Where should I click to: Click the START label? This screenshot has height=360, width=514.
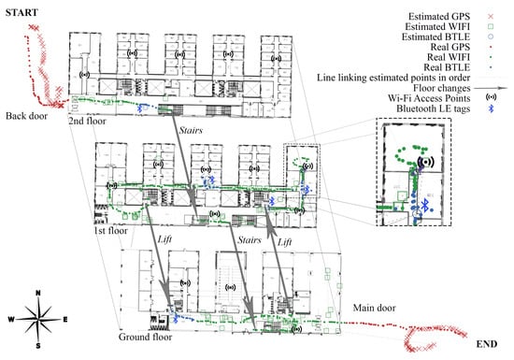[x=21, y=12]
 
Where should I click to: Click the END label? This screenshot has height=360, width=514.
[x=487, y=344]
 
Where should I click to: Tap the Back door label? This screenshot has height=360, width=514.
[x=26, y=116]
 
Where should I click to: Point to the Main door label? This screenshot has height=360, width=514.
[x=374, y=308]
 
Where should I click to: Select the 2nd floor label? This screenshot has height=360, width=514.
[x=87, y=121]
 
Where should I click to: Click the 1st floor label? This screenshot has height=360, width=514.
[x=110, y=230]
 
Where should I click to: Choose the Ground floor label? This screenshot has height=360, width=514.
[x=145, y=337]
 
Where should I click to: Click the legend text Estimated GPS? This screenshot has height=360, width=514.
[x=439, y=16]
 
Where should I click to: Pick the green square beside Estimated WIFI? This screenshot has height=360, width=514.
[x=491, y=26]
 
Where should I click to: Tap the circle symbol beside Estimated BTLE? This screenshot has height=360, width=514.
[x=491, y=36]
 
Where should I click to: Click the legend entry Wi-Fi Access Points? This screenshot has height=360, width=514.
[x=429, y=98]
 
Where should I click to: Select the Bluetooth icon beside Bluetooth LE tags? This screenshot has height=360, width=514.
[x=491, y=108]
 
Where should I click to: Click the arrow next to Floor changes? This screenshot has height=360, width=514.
[x=491, y=88]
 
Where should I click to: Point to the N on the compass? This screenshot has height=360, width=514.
[x=38, y=293]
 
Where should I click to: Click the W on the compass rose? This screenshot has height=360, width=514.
[x=11, y=319]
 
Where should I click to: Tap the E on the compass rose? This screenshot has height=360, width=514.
[x=64, y=319]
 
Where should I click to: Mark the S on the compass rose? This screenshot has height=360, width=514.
[x=38, y=346]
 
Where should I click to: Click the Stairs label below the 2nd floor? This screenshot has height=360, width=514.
[x=191, y=130]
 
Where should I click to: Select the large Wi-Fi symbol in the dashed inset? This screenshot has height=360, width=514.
[x=426, y=162]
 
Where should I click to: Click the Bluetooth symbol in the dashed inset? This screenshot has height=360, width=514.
[x=425, y=205]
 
